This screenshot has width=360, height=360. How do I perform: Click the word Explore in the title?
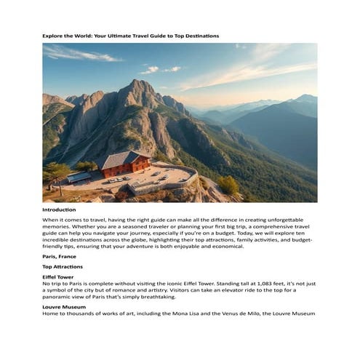pyautogui.click(x=52, y=36)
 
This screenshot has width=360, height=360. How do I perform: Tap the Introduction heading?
pyautogui.click(x=59, y=209)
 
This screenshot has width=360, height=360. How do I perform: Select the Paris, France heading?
pyautogui.click(x=59, y=256)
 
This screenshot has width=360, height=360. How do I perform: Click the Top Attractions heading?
pyautogui.click(x=63, y=267)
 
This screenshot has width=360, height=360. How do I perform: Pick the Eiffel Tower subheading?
pyautogui.click(x=58, y=277)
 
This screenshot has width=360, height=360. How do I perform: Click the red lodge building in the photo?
pyautogui.click(x=126, y=169)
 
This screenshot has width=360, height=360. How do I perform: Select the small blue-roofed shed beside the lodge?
pyautogui.click(x=79, y=177)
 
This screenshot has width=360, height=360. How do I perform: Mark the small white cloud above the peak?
pyautogui.click(x=151, y=70)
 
